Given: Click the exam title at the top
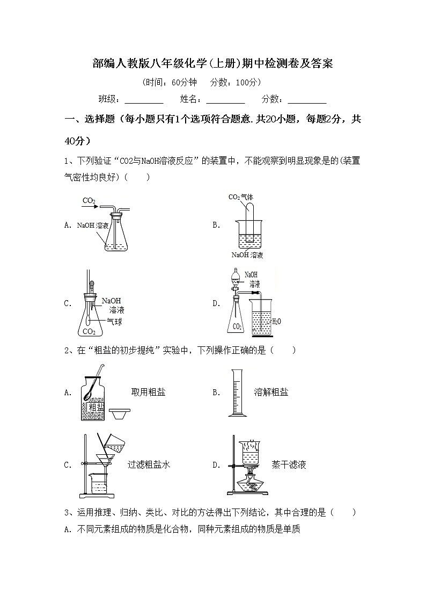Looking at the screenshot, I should pos(213,64).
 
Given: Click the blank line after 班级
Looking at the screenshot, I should pos(144,100).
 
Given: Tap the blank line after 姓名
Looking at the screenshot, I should pos(225,100).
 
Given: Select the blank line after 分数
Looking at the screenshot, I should pos(307,100).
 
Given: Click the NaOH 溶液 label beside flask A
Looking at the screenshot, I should pos(92,226).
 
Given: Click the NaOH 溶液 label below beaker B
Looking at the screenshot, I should pos(247,255).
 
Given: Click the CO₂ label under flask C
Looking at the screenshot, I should pos(89,331).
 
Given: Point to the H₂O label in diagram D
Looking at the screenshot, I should pos(276,322).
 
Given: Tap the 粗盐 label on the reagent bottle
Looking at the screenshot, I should pos(97,407).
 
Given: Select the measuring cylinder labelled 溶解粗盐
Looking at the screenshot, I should pos(235,393).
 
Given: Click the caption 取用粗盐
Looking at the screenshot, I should pos(148,393).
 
